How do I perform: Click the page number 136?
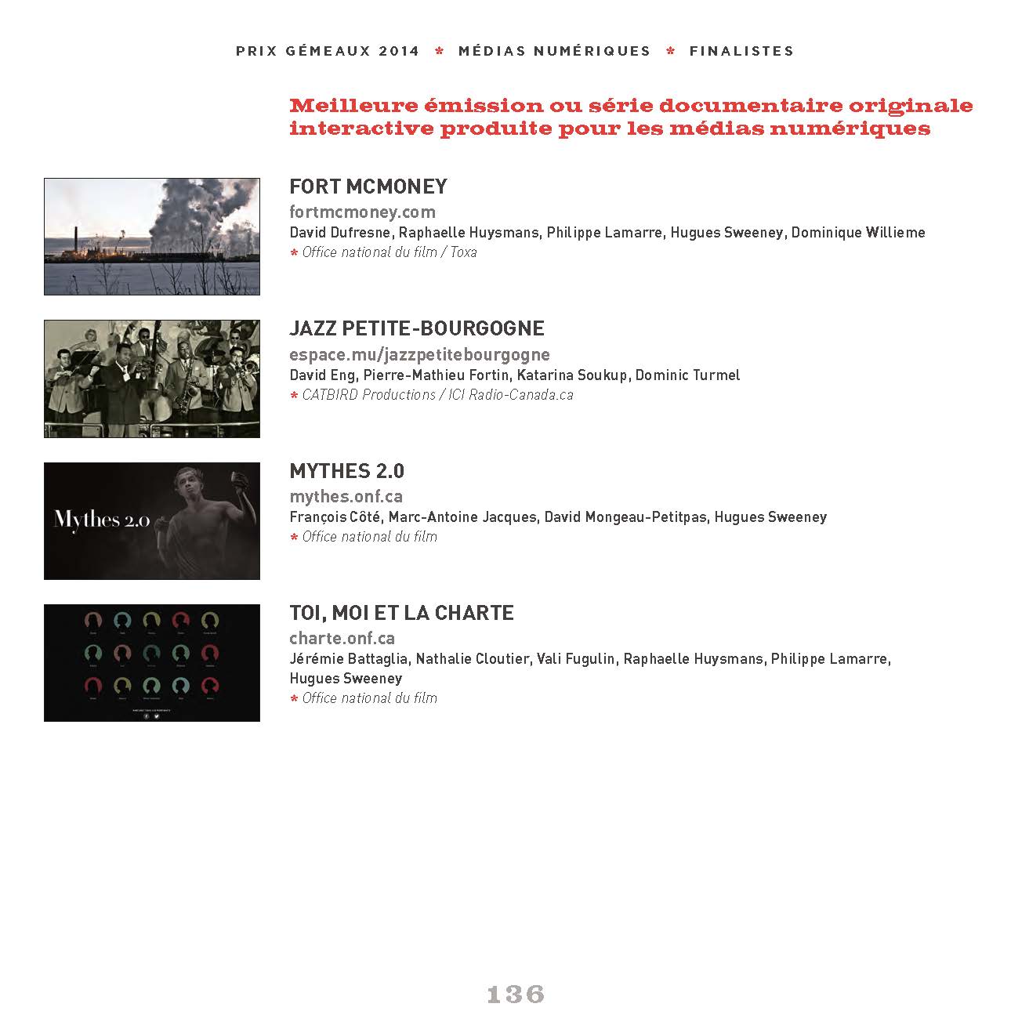[x=515, y=994]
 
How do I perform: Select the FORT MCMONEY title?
[x=368, y=187]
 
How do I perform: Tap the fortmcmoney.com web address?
[x=362, y=212]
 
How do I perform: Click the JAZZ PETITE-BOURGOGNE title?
[x=417, y=328]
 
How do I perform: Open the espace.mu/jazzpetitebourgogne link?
[x=419, y=354]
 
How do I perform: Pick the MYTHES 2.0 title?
[x=346, y=471]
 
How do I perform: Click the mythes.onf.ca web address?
[x=346, y=496]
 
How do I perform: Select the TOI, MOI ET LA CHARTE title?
[x=401, y=613]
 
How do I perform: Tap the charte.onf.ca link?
[x=342, y=638]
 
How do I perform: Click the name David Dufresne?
[x=341, y=233]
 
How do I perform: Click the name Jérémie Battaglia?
[x=348, y=659]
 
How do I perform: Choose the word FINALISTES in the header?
[x=741, y=51]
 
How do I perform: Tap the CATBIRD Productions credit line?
[x=368, y=395]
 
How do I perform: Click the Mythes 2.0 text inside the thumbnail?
[x=102, y=520]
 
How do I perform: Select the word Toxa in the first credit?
[x=463, y=252]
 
